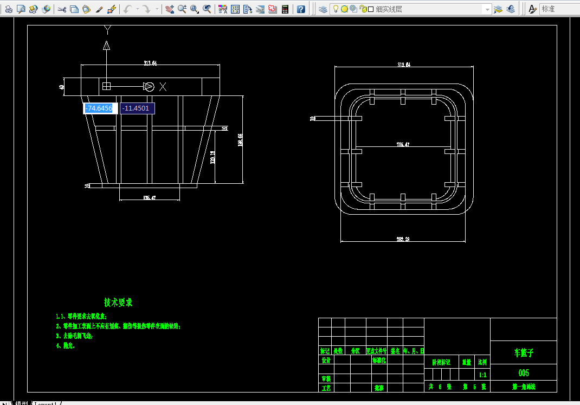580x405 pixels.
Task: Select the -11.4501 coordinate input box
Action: click(137, 108)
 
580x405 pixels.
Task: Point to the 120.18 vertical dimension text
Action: click(213, 157)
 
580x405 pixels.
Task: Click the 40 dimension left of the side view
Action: click(62, 86)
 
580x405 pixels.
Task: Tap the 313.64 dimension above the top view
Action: click(404, 65)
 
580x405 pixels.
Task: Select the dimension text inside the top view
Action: click(403, 144)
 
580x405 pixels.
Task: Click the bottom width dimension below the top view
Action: click(403, 239)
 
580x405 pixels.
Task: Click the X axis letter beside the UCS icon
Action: click(163, 87)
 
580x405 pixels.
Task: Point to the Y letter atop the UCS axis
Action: click(107, 29)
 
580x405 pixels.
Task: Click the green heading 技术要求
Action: click(118, 303)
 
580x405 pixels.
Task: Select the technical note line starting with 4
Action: click(66, 345)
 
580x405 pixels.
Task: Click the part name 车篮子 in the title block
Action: click(523, 352)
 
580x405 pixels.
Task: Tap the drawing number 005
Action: click(523, 373)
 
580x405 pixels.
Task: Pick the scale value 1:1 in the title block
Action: click(482, 375)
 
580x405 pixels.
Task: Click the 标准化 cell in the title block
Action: click(378, 360)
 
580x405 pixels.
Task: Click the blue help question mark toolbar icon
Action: click(301, 9)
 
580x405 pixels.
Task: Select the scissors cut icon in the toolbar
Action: click(61, 9)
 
